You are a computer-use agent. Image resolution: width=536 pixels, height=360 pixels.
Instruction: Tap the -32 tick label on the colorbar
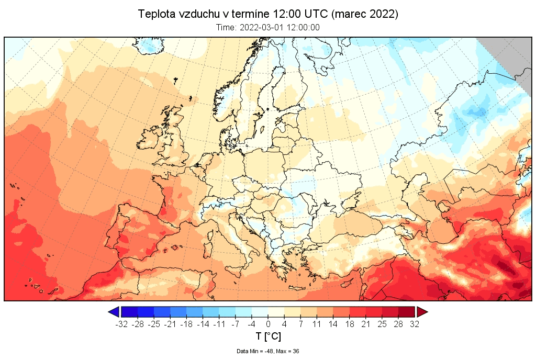[121, 324]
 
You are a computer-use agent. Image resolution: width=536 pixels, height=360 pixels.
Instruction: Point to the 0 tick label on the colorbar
[268, 324]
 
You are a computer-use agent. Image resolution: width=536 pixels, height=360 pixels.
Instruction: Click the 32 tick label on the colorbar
[415, 324]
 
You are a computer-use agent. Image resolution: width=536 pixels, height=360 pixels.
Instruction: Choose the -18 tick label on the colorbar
[186, 324]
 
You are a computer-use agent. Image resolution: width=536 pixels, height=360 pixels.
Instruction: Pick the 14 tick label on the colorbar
[333, 324]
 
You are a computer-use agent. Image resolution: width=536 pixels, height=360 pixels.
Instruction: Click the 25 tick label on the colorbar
[382, 324]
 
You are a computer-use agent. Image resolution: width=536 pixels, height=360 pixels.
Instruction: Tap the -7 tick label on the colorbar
[236, 324]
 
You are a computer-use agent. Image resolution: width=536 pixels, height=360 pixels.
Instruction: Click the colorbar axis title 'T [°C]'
[268, 336]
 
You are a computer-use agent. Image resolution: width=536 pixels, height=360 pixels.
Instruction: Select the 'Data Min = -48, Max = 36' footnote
[268, 351]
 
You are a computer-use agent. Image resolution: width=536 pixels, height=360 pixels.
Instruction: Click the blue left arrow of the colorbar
[113, 312]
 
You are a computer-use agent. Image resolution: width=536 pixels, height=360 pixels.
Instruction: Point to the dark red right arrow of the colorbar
[422, 312]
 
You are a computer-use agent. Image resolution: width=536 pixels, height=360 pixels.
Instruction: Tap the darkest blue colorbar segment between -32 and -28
[129, 312]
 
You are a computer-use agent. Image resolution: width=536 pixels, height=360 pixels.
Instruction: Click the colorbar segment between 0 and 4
[276, 312]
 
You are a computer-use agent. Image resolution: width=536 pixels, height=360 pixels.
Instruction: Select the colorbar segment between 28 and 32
[407, 312]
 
